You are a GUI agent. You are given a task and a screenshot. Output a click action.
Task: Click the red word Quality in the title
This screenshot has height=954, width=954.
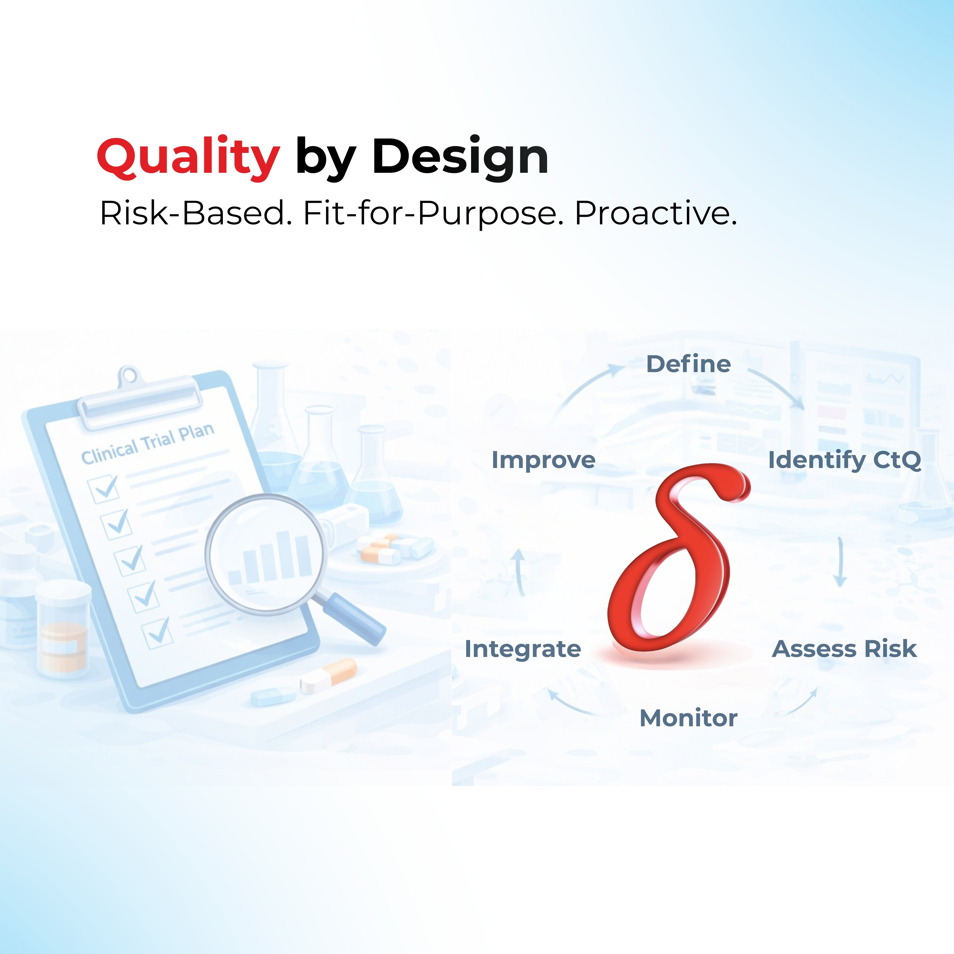pyautogui.click(x=189, y=157)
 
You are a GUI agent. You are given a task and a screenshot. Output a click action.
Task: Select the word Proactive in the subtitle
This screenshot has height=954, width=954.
pyautogui.click(x=656, y=213)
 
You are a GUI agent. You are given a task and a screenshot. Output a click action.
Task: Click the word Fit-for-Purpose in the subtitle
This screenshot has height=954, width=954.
pyautogui.click(x=433, y=213)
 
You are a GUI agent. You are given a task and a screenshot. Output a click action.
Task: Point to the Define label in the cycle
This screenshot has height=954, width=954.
pyautogui.click(x=688, y=365)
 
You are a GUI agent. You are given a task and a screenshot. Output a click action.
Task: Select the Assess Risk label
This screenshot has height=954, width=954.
pyautogui.click(x=844, y=649)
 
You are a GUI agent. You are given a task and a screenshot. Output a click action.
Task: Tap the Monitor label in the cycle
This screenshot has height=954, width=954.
pyautogui.click(x=688, y=718)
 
